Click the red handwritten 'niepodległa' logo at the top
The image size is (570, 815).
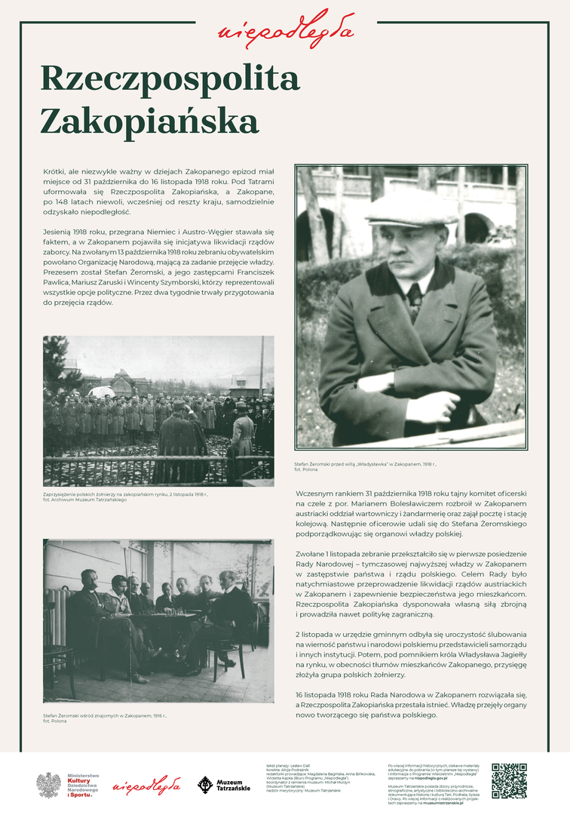pyautogui.click(x=285, y=29)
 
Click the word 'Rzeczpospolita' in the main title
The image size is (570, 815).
pyautogui.click(x=170, y=78)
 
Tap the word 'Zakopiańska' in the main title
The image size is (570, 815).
pyautogui.click(x=149, y=121)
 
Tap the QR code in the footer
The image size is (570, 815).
pyautogui.click(x=509, y=780)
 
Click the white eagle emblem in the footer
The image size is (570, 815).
pyautogui.click(x=49, y=785)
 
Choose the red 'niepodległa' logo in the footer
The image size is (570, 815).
pyautogui.click(x=146, y=786)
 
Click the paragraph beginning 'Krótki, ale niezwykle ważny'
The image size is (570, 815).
pyautogui.click(x=158, y=192)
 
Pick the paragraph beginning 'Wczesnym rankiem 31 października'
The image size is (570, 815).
pyautogui.click(x=411, y=513)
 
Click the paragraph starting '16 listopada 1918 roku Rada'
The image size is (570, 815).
pyautogui.click(x=411, y=703)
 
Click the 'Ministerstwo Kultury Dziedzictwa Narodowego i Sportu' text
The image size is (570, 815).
pyautogui.click(x=83, y=785)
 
